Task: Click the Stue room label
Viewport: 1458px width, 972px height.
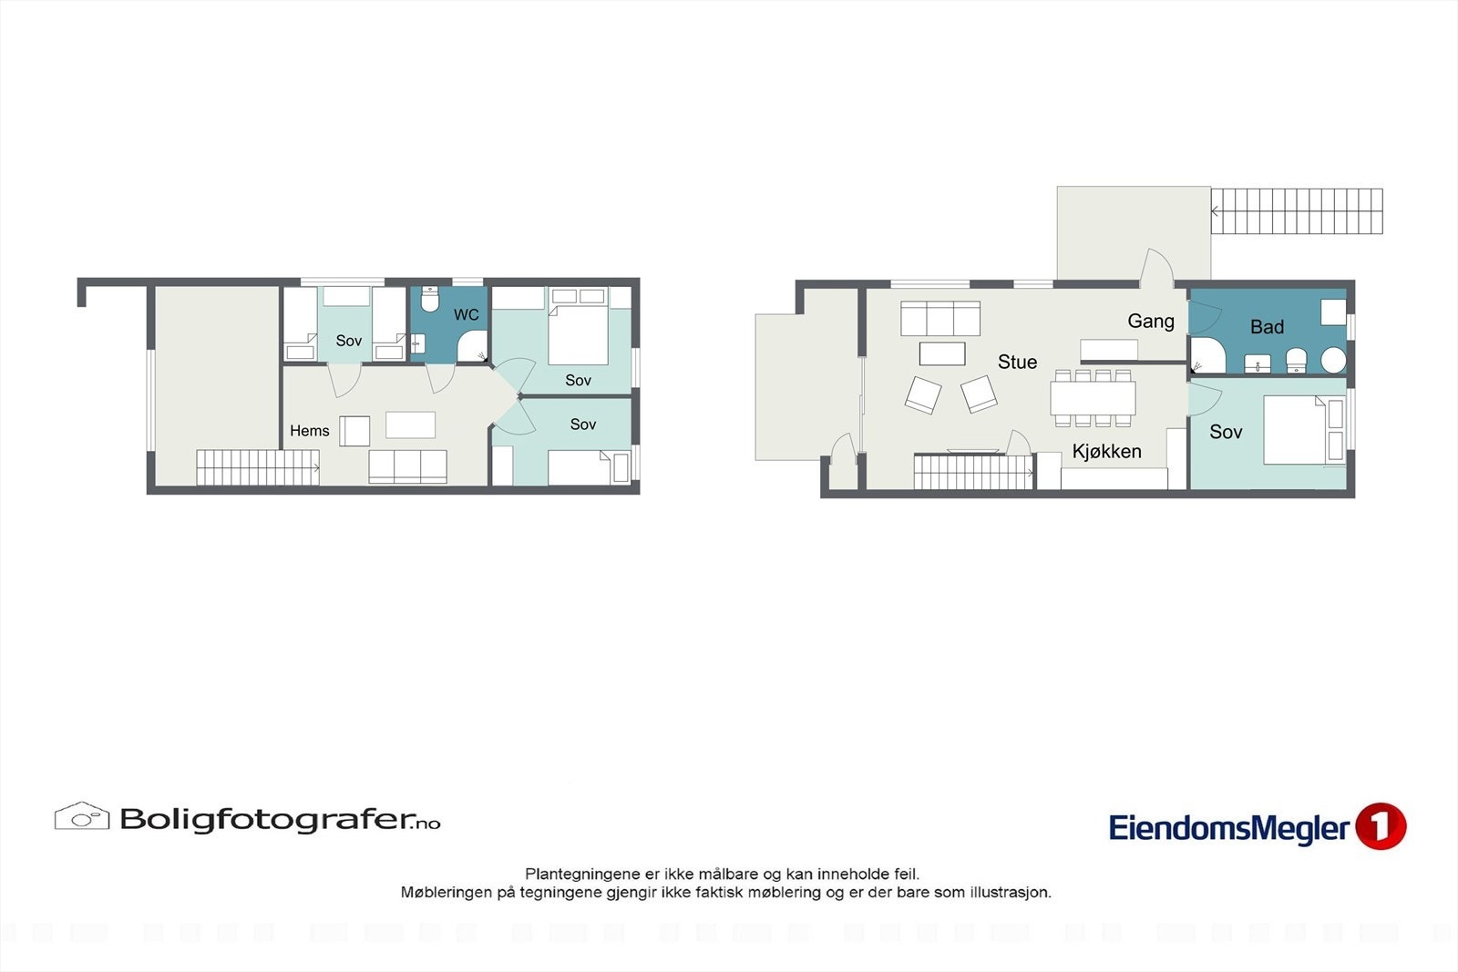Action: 1017,362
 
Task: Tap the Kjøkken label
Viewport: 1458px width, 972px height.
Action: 1106,451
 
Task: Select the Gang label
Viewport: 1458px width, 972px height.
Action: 1150,321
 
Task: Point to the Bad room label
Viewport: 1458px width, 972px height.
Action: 1267,327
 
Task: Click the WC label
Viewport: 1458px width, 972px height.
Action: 466,314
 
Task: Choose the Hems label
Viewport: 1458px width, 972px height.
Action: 309,431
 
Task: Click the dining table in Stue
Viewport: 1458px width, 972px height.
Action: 1093,398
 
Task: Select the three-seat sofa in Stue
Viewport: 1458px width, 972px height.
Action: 939,319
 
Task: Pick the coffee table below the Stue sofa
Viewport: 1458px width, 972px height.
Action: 942,353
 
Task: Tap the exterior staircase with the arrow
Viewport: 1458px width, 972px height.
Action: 1296,211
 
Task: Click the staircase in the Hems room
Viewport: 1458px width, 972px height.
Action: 257,467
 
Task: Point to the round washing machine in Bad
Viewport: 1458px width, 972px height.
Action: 1333,360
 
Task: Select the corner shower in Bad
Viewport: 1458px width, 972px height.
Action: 1206,356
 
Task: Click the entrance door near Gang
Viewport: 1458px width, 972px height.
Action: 1157,267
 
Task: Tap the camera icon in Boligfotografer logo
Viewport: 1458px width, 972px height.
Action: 82,816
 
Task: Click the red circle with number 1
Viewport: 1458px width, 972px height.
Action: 1381,826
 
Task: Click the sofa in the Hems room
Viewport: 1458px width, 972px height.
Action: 407,466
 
